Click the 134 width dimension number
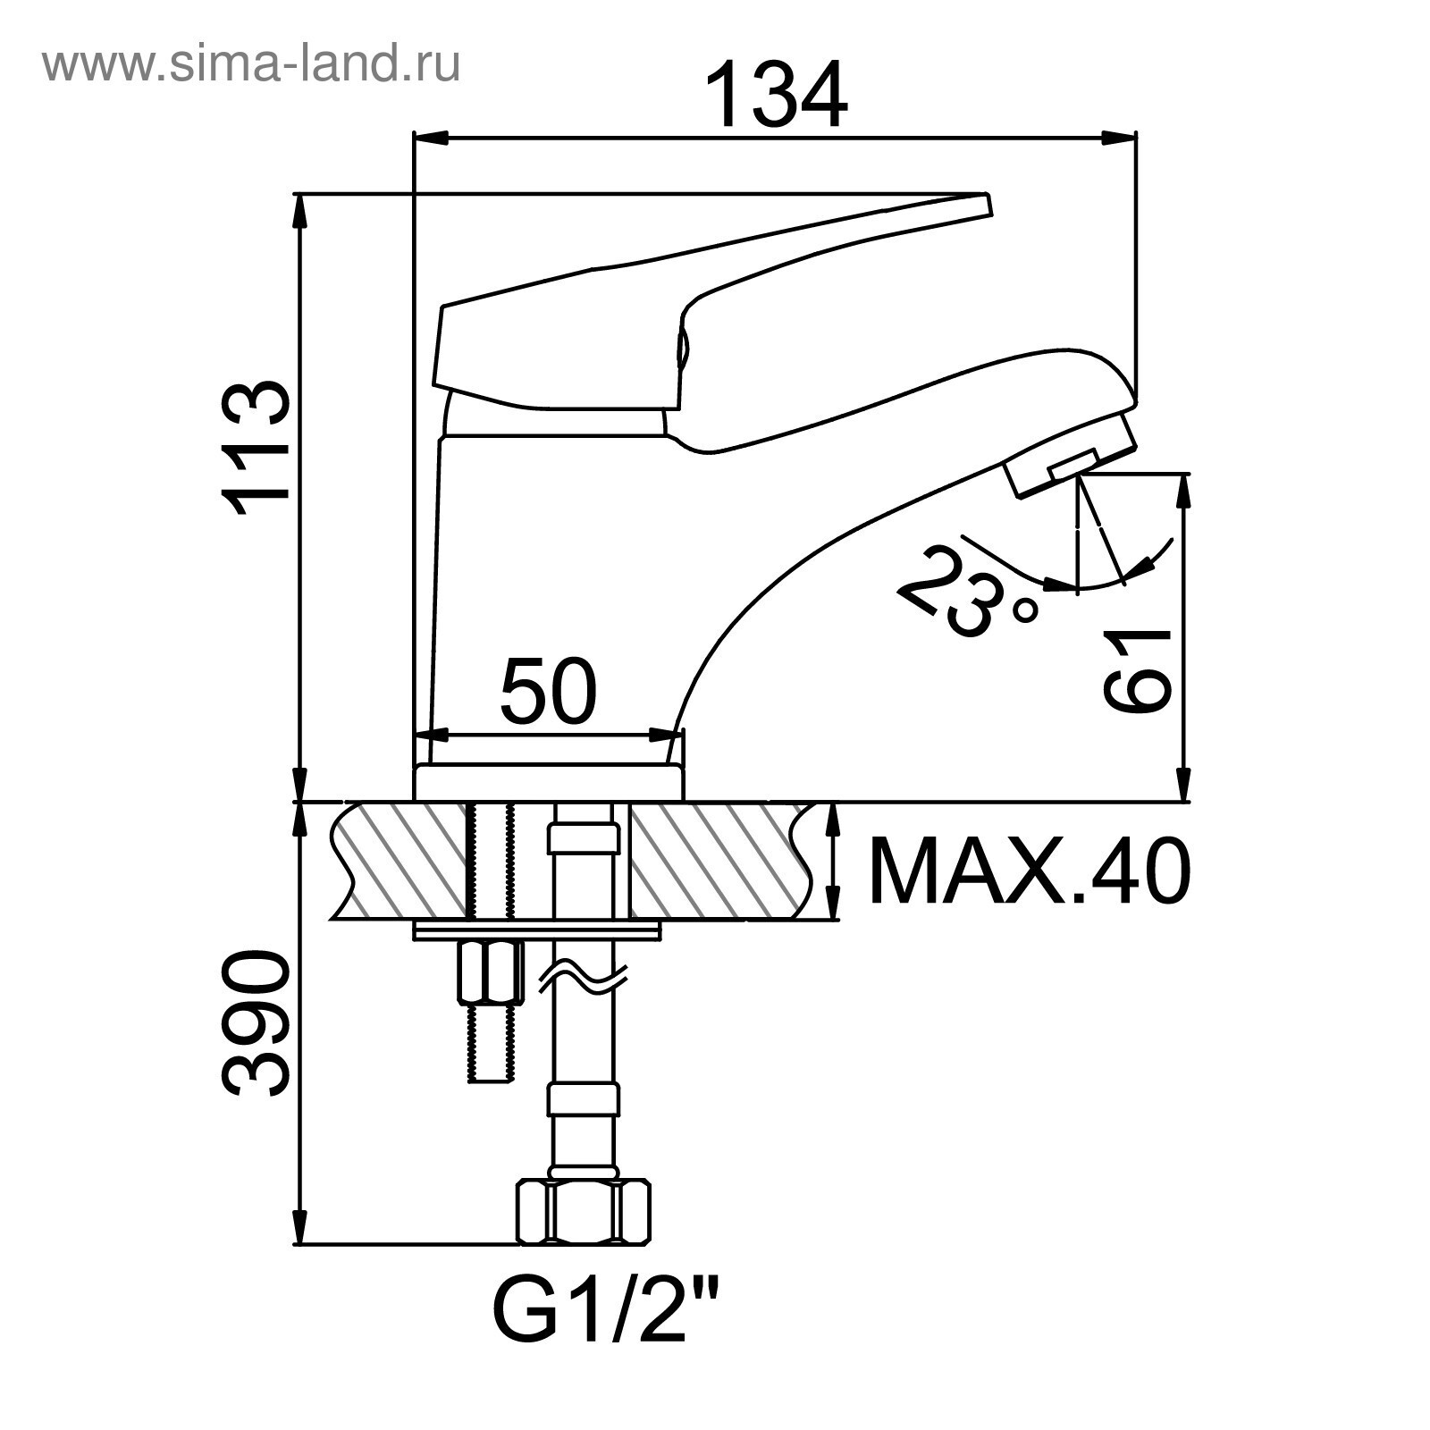776,95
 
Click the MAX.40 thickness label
1029,871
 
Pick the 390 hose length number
257,1024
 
